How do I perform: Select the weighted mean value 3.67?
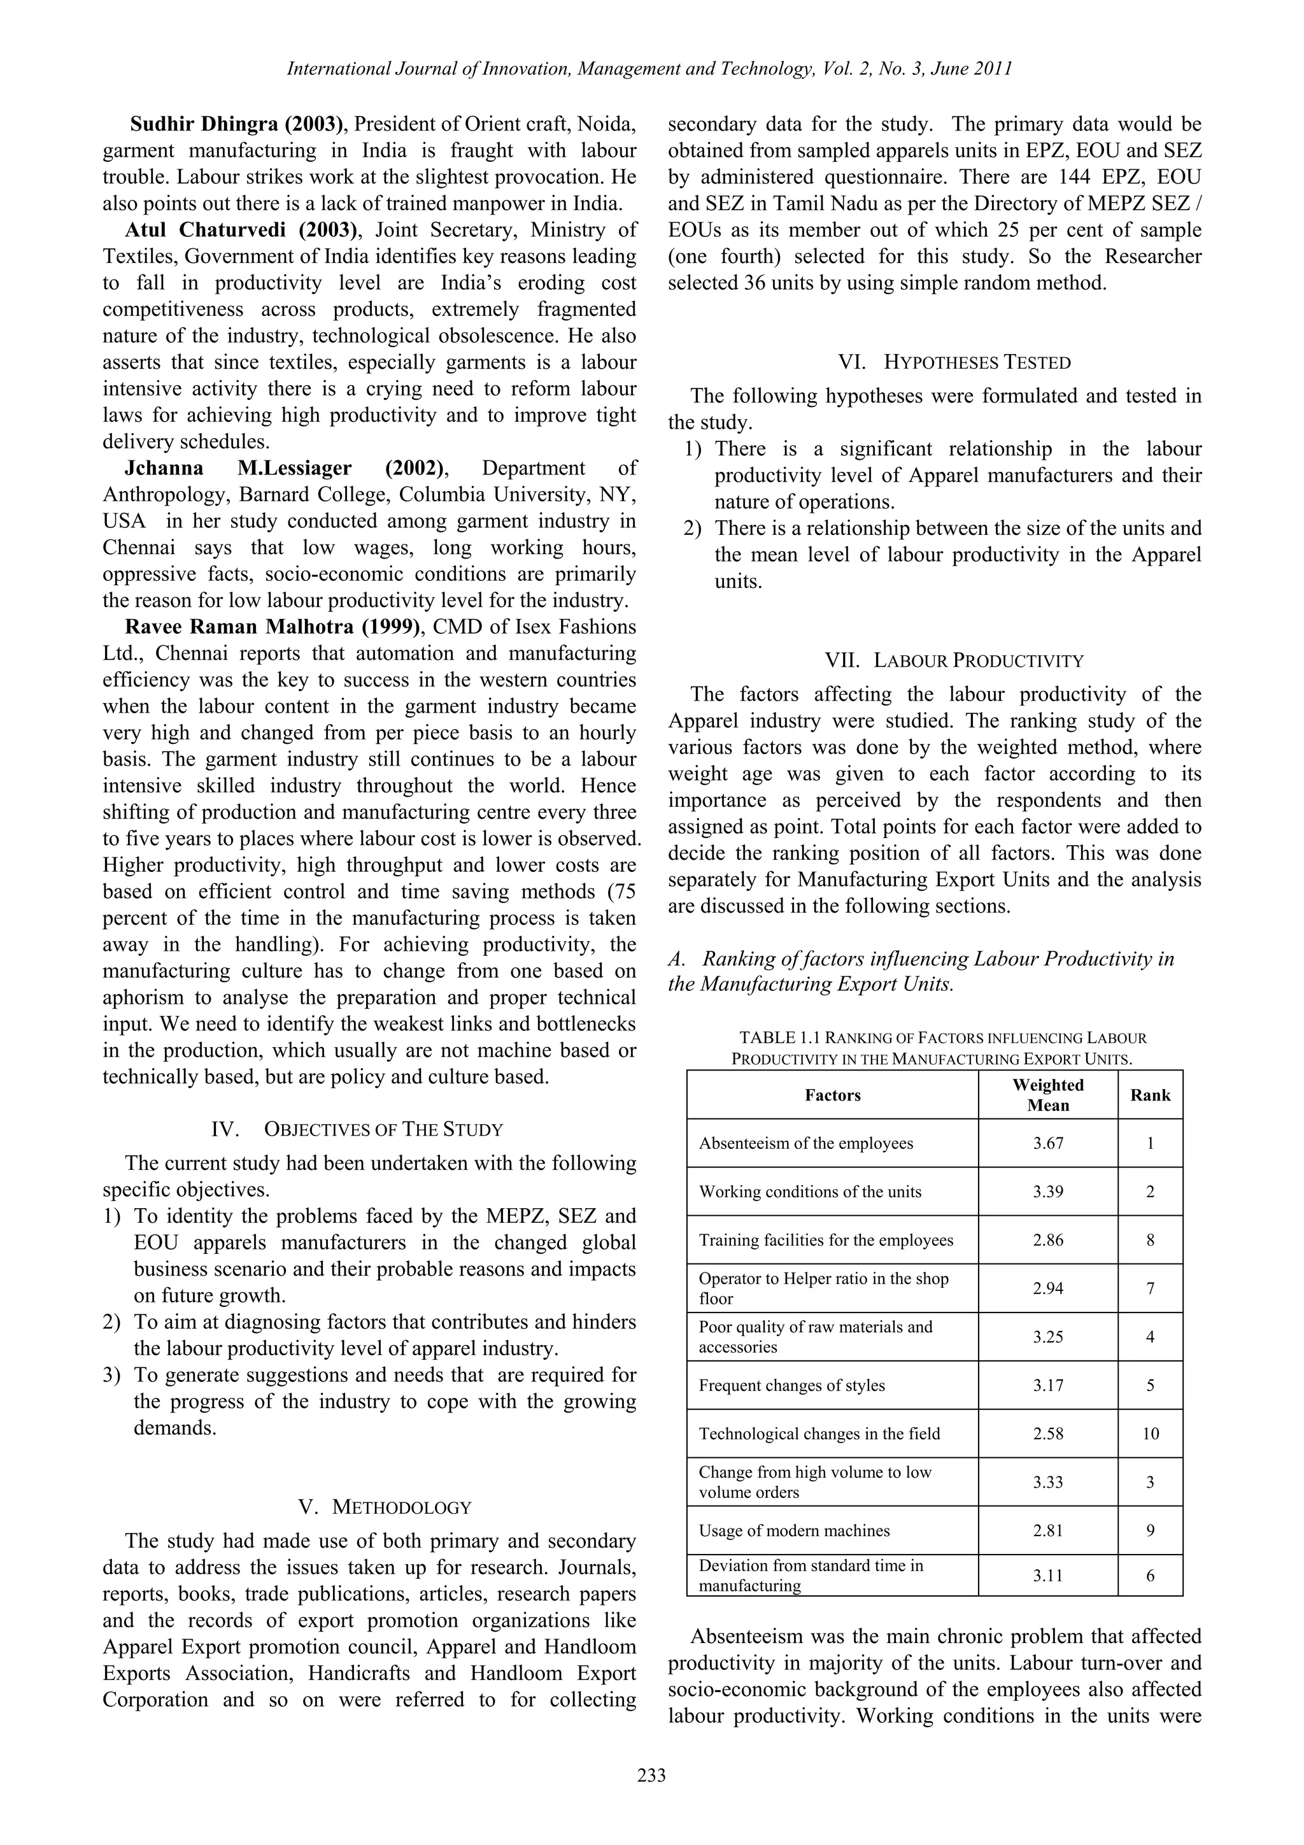[x=1047, y=1143]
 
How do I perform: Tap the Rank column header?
[x=1150, y=1095]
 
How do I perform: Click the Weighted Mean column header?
[x=1047, y=1095]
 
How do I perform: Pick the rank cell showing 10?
[x=1150, y=1434]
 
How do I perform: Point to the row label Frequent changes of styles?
[x=791, y=1385]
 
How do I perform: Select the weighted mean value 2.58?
[x=1047, y=1434]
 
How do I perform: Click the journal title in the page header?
[x=649, y=69]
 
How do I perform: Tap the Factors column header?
[x=832, y=1095]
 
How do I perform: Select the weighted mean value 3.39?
[x=1047, y=1192]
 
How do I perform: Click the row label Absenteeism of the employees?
[x=806, y=1143]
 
